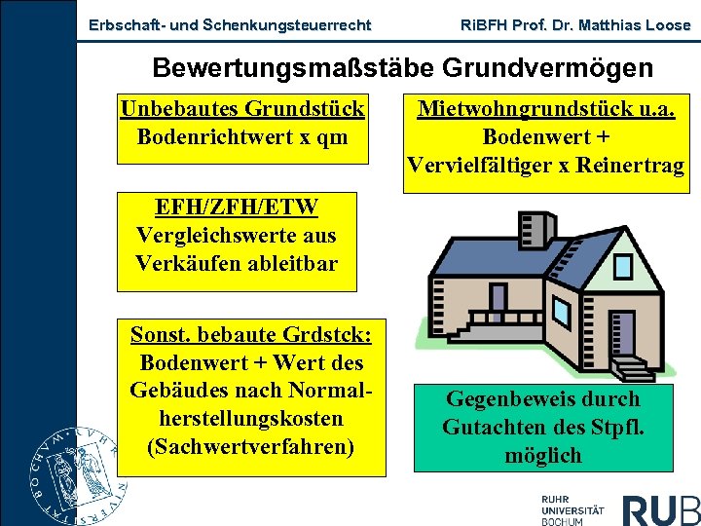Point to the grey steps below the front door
point(633,370)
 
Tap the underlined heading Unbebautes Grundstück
point(242,108)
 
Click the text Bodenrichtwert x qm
point(242,136)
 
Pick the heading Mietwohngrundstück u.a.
point(546,108)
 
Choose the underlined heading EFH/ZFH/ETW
point(237,207)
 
